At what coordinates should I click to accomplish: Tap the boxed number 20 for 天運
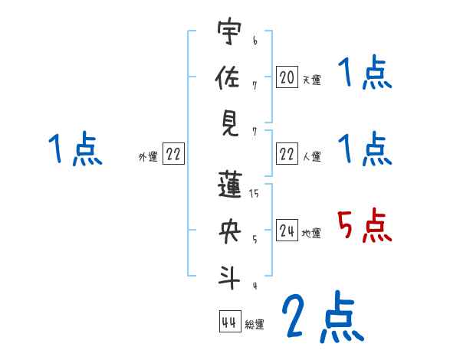tap(287, 77)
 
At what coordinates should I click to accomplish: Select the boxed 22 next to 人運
tap(287, 154)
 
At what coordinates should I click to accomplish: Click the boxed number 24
tap(287, 231)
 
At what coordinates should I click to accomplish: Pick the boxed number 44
tap(229, 322)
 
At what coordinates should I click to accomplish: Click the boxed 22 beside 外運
tap(173, 154)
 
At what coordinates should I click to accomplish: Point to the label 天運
tap(311, 80)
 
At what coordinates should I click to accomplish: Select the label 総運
tap(255, 325)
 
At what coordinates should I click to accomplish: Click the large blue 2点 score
tap(322, 317)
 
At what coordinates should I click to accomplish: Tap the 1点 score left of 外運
tap(74, 149)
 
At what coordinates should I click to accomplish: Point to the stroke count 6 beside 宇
tap(255, 41)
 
